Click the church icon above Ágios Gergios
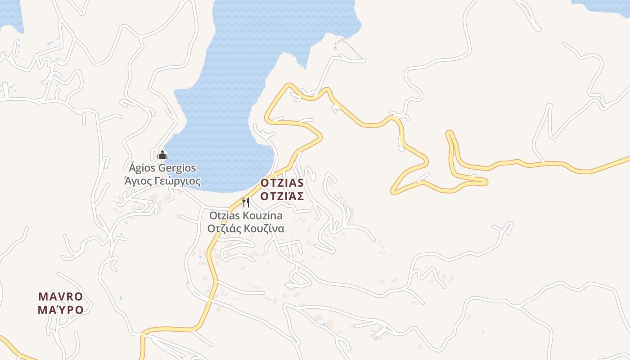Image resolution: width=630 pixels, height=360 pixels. (x=162, y=155)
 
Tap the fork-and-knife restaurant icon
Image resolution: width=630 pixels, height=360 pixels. (x=246, y=202)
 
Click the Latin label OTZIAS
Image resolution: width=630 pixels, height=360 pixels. (x=282, y=183)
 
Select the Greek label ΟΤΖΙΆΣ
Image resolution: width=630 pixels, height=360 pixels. (x=282, y=196)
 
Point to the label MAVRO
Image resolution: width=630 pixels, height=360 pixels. (x=61, y=297)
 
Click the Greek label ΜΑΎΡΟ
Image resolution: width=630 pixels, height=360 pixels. (x=61, y=310)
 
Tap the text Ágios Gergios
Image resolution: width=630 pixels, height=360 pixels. (x=162, y=168)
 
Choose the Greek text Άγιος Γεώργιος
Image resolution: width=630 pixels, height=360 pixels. (x=162, y=181)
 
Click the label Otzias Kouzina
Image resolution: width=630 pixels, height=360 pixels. (x=246, y=216)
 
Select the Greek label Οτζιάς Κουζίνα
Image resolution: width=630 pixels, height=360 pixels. (x=246, y=228)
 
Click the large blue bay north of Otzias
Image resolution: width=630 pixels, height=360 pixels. (x=243, y=90)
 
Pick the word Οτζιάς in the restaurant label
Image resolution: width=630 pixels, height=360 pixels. (x=224, y=228)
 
